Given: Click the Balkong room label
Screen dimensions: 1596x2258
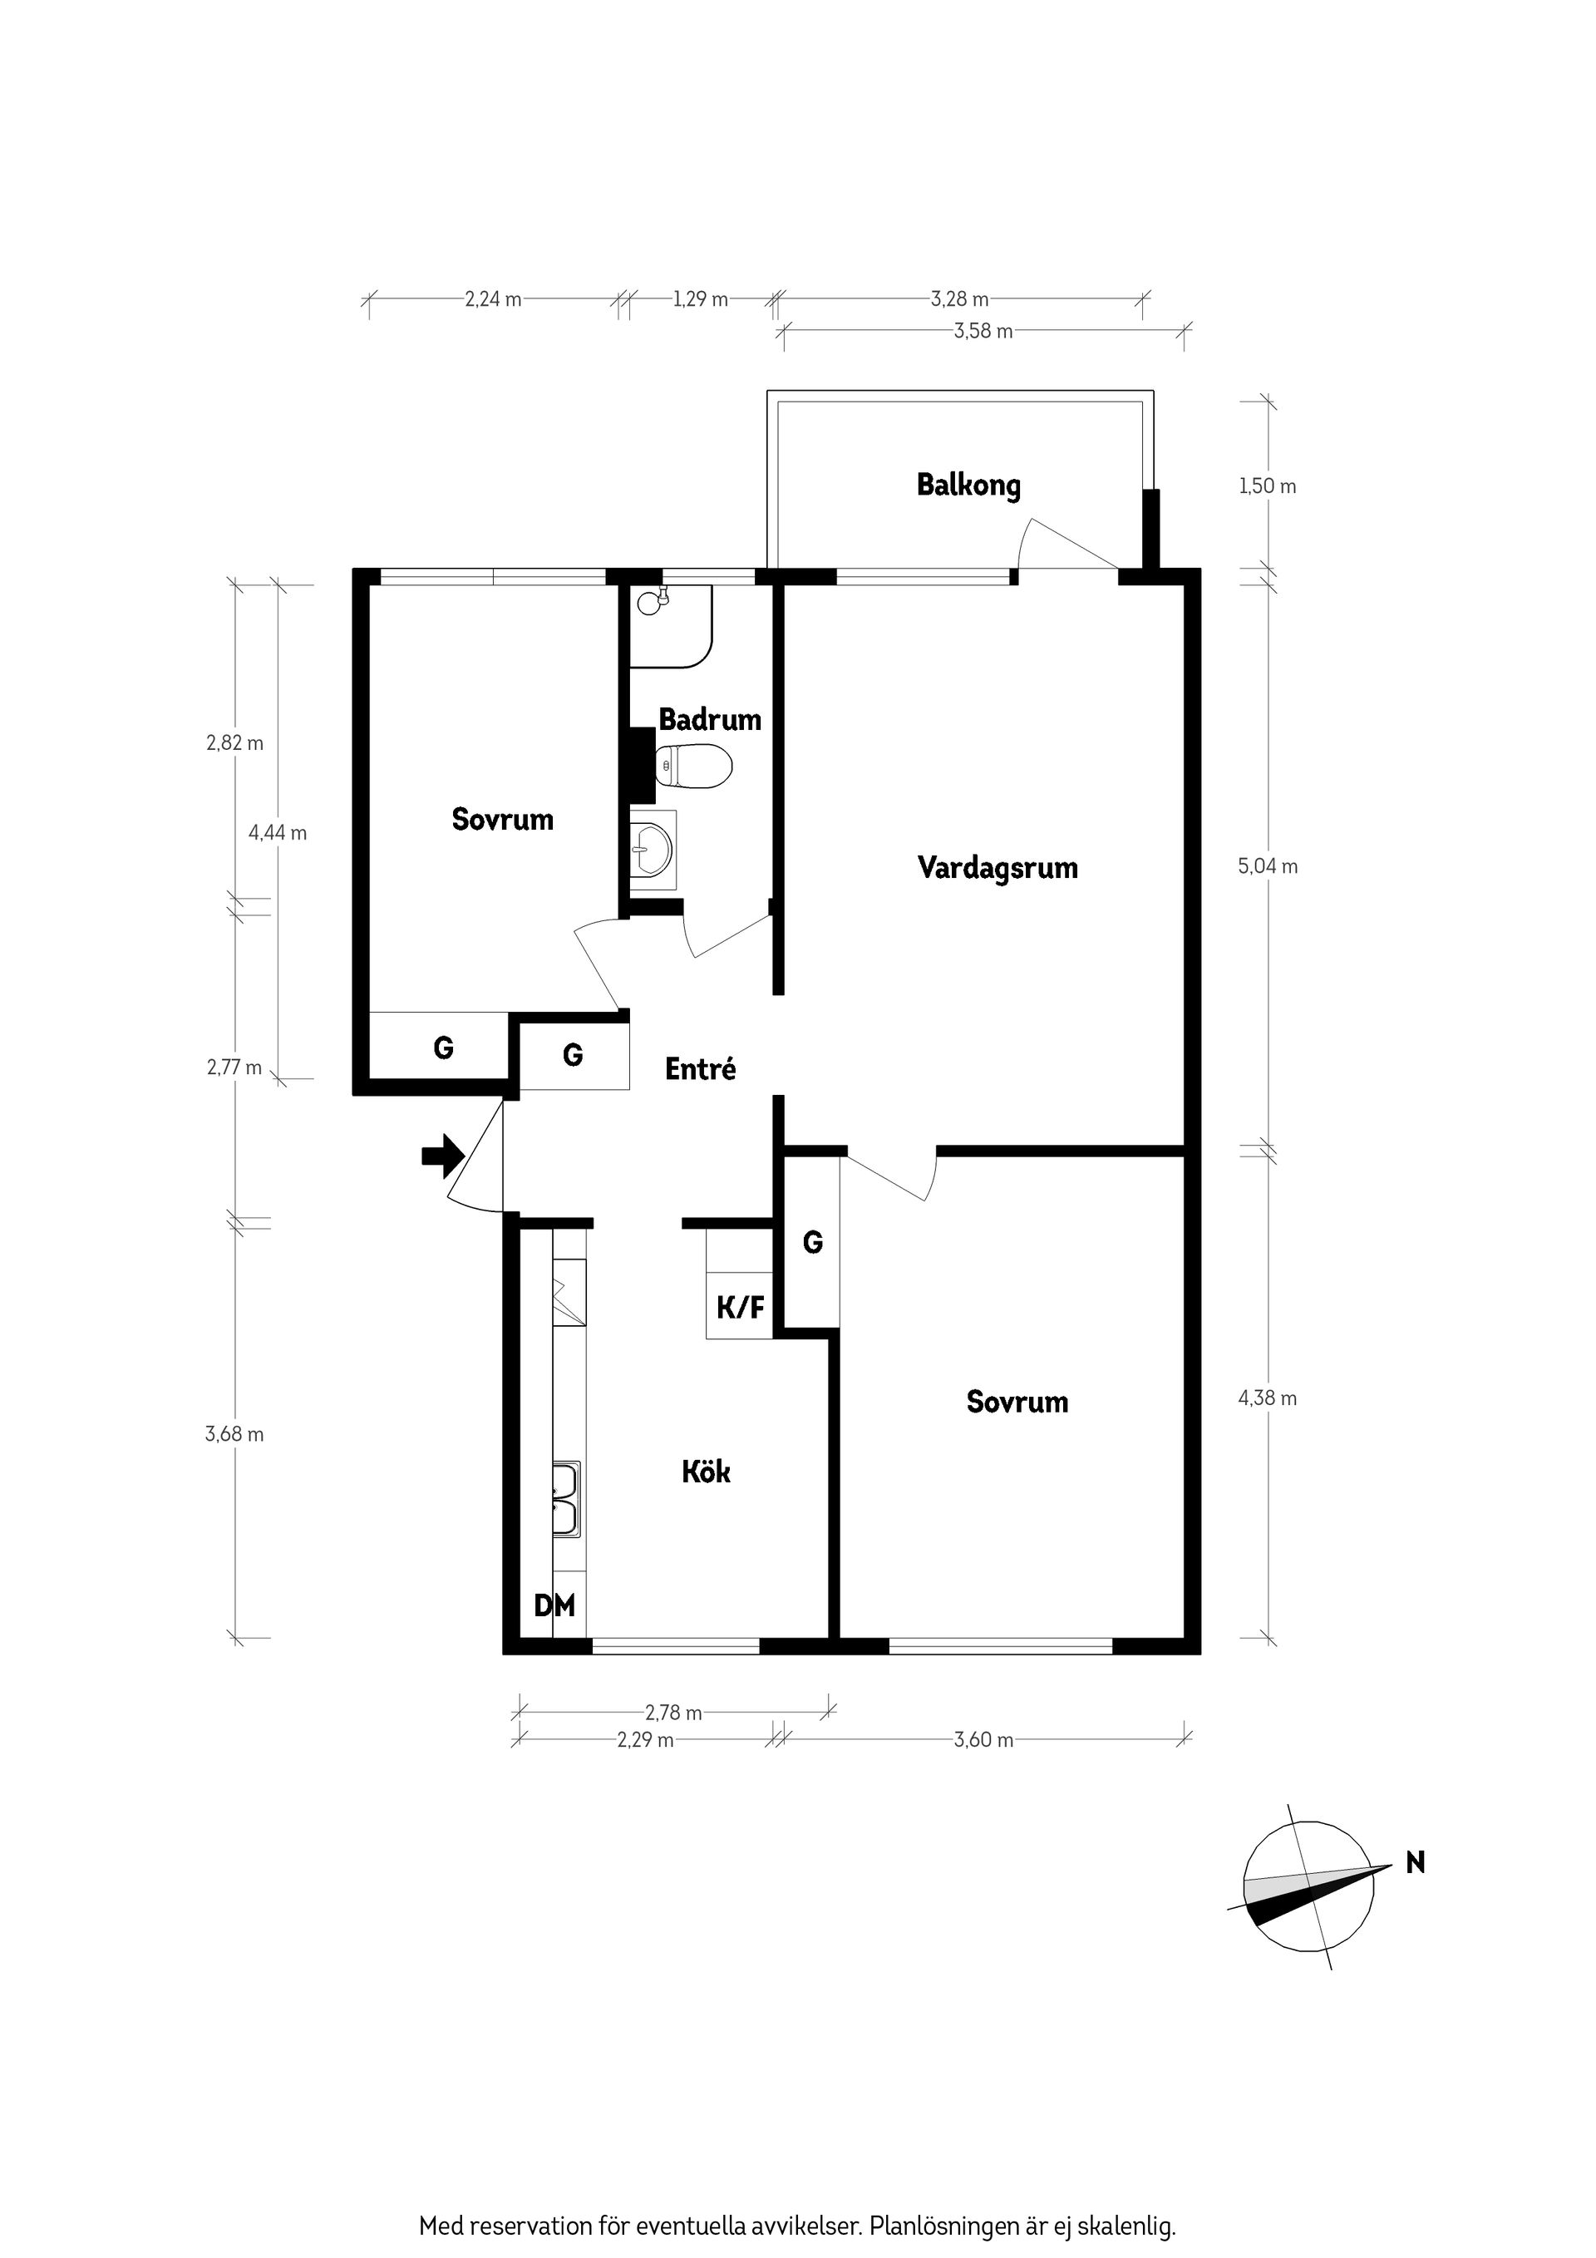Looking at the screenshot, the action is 968,485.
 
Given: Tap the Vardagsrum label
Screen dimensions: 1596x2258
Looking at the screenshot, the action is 997,867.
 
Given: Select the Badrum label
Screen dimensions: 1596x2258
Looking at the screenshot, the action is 710,719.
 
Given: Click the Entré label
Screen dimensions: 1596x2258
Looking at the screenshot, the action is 700,1068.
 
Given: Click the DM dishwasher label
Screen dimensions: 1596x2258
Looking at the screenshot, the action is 554,1606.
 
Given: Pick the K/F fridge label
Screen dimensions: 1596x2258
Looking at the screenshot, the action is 741,1307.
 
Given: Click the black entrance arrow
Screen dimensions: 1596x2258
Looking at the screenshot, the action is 442,1156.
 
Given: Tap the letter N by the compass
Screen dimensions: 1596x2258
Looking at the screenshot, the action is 1415,1861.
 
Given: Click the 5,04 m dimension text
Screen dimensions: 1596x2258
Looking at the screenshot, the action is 1268,866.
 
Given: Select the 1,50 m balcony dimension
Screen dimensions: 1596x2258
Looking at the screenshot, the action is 1268,486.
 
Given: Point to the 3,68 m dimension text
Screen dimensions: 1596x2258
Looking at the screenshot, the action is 234,1434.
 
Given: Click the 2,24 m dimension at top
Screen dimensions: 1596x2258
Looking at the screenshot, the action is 493,299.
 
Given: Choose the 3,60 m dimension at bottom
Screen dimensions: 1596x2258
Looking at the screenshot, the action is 983,1767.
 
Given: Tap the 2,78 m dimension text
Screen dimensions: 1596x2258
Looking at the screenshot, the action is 673,1740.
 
